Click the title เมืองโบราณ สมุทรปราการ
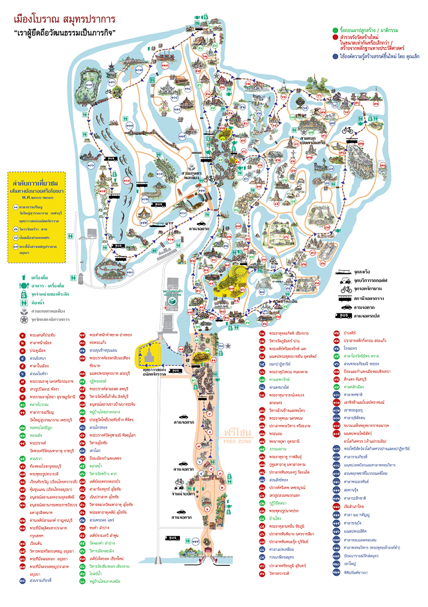coord(64,20)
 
